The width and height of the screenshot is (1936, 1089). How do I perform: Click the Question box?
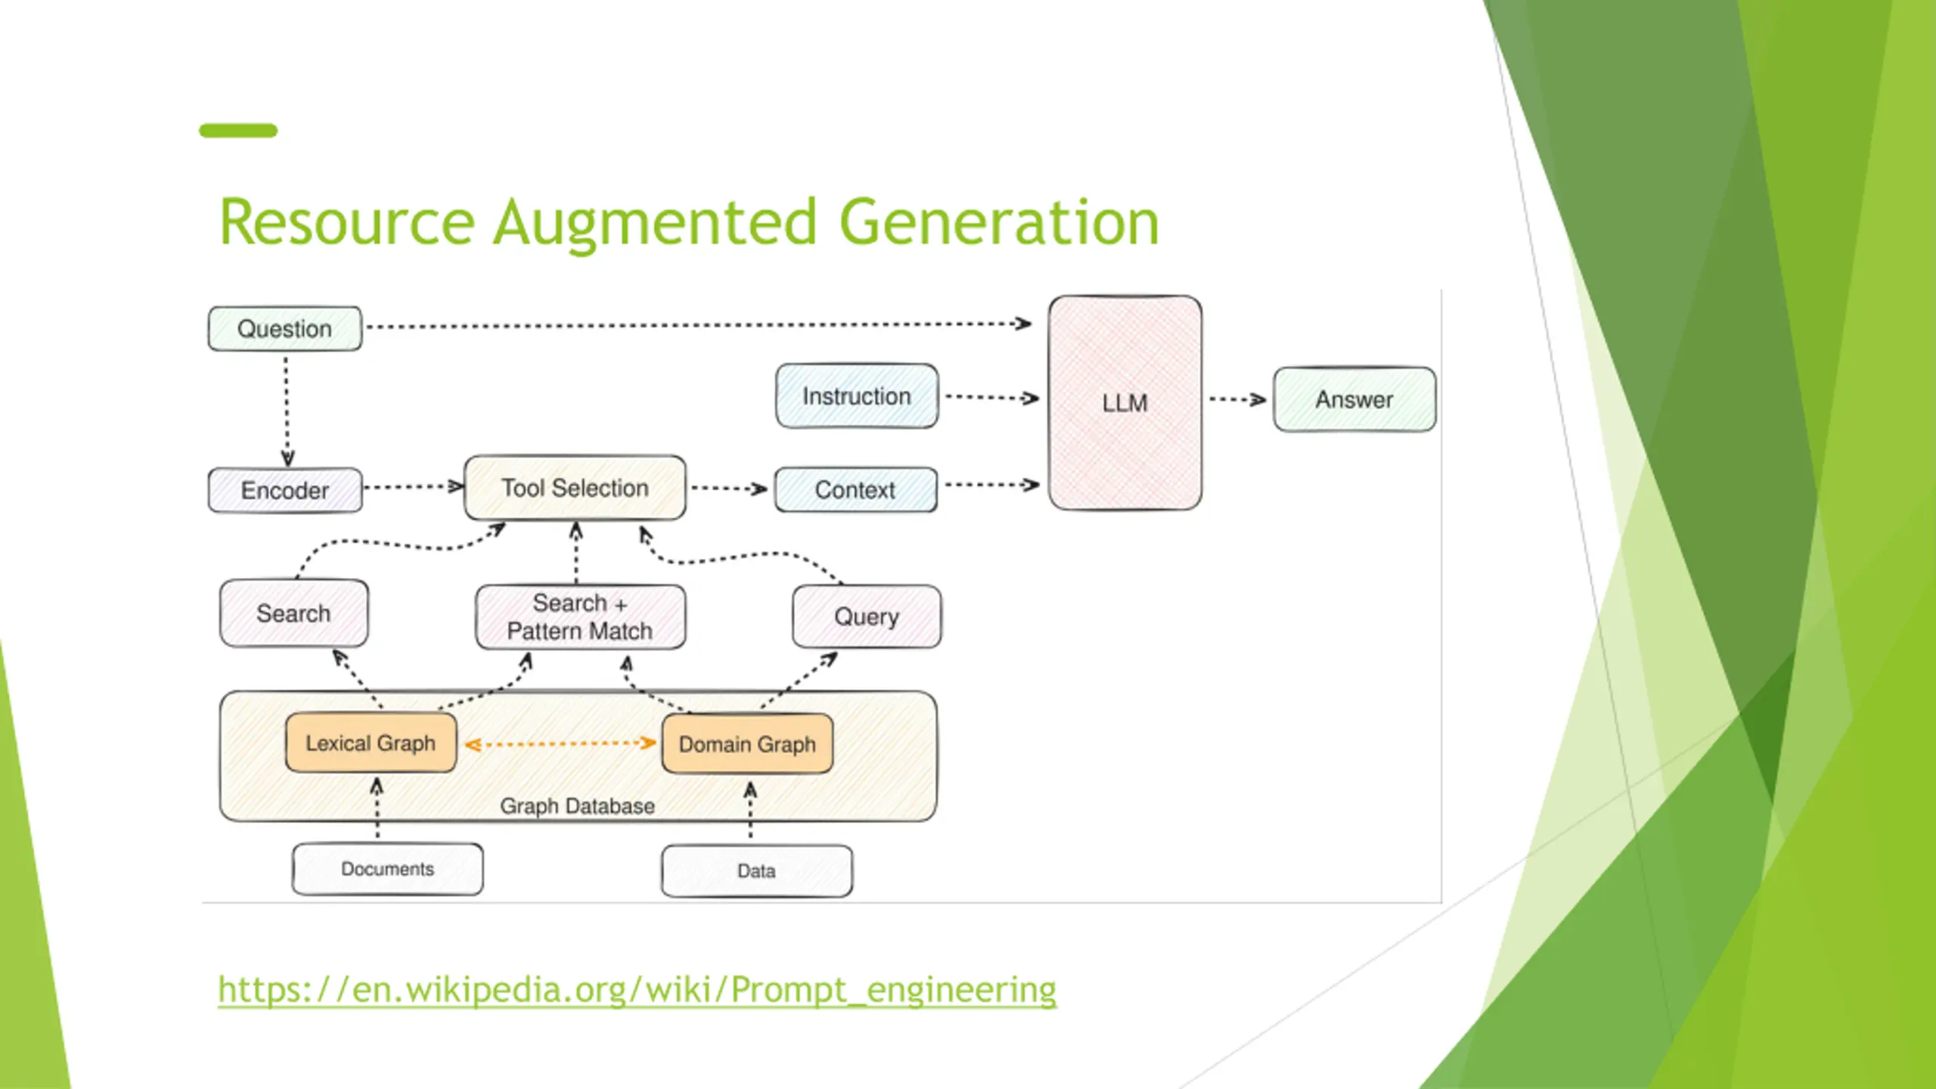pos(285,328)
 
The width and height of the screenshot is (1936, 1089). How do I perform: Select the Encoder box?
pos(285,490)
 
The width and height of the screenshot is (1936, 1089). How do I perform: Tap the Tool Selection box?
pos(575,488)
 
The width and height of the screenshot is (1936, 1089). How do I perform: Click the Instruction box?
pos(857,396)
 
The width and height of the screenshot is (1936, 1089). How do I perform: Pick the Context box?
pos(856,490)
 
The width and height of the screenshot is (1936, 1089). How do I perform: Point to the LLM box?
pos(1125,402)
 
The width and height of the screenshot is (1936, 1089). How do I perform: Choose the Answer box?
pos(1354,399)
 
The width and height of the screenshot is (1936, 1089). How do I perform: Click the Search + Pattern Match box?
pos(581,617)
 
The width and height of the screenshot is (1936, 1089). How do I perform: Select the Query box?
pos(867,616)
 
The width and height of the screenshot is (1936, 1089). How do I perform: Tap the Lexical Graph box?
pos(371,743)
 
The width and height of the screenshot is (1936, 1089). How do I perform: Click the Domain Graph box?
pos(747,744)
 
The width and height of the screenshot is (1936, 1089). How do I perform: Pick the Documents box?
pos(387,869)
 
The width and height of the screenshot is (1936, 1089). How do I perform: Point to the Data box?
pos(756,871)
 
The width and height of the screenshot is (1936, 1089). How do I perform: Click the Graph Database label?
pos(577,806)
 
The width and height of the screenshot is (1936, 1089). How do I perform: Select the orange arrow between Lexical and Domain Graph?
pos(560,744)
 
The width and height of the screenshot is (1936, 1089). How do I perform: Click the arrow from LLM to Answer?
pos(1237,399)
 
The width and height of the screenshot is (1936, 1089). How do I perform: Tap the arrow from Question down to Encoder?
pos(287,412)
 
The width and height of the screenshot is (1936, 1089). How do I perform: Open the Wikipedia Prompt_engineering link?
pos(637,990)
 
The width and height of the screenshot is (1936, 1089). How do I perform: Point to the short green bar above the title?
pos(238,131)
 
